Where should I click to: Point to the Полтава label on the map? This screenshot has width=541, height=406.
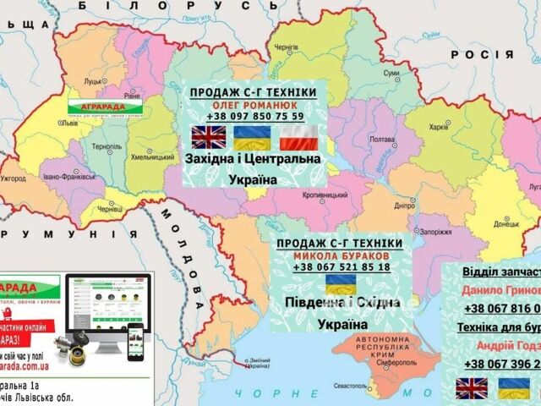pyautogui.click(x=383, y=140)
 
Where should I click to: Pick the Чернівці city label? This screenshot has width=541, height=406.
pyautogui.click(x=111, y=209)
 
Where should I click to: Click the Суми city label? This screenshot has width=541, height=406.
pyautogui.click(x=391, y=74)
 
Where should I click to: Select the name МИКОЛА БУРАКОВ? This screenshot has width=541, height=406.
pyautogui.click(x=342, y=255)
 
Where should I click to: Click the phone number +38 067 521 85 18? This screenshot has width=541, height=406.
pyautogui.click(x=342, y=267)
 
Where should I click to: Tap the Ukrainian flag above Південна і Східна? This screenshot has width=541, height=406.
pyautogui.click(x=340, y=283)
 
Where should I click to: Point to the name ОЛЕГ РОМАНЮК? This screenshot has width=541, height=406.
pyautogui.click(x=253, y=104)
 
